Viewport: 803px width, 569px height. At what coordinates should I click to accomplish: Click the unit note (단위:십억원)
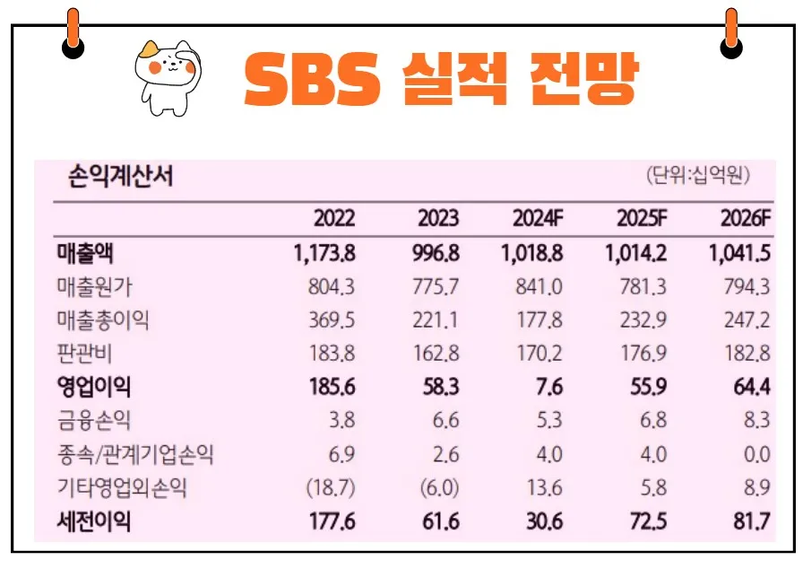click(697, 176)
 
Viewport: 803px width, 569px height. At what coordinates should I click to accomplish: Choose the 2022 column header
click(334, 219)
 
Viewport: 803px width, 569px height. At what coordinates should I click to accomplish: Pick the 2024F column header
click(537, 219)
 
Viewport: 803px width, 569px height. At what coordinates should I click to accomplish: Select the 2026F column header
click(745, 219)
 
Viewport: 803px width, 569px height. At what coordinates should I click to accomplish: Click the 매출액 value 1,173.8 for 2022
click(324, 253)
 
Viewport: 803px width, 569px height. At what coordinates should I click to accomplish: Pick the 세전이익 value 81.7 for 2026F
click(751, 522)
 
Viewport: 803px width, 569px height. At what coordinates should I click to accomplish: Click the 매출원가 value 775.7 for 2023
click(432, 287)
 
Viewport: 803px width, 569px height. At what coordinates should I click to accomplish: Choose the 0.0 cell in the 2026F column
click(756, 455)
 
